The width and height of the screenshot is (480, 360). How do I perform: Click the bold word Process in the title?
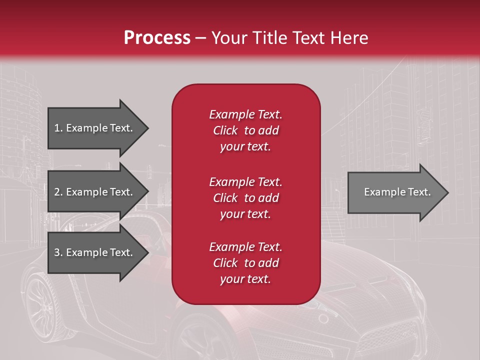[157, 38]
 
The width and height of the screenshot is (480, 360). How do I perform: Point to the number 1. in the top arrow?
[58, 128]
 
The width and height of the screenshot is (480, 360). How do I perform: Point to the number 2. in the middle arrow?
[58, 192]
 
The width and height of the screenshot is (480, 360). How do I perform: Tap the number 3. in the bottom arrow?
[58, 252]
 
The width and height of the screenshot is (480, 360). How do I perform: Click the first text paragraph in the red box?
[245, 130]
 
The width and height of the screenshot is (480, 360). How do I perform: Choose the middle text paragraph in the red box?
[245, 198]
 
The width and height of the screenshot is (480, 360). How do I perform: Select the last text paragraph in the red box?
[245, 263]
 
